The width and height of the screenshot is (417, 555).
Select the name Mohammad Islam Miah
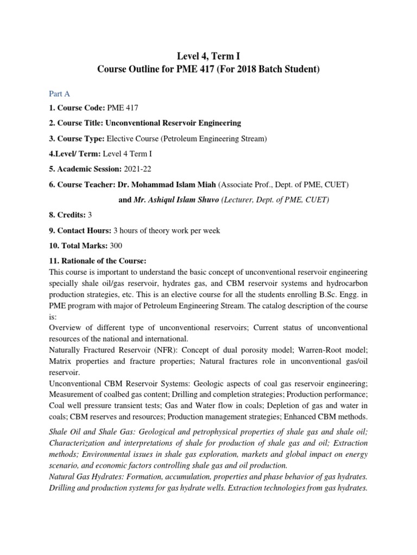pos(164,184)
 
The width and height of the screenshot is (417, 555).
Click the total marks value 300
pos(116,246)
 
